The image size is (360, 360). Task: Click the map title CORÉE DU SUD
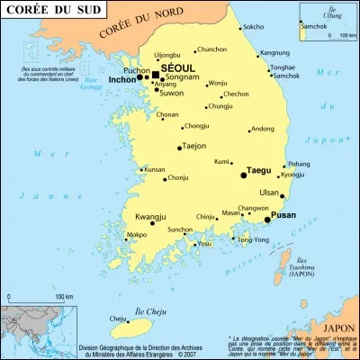(42, 11)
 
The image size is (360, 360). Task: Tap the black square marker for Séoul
(156, 76)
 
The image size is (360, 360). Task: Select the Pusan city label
(283, 215)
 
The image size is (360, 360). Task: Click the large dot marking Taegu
(243, 175)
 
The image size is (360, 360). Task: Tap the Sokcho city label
(254, 27)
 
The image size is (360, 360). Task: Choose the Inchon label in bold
(121, 79)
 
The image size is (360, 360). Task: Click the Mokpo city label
(136, 235)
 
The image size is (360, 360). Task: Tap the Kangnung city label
(275, 53)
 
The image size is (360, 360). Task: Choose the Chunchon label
(211, 49)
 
